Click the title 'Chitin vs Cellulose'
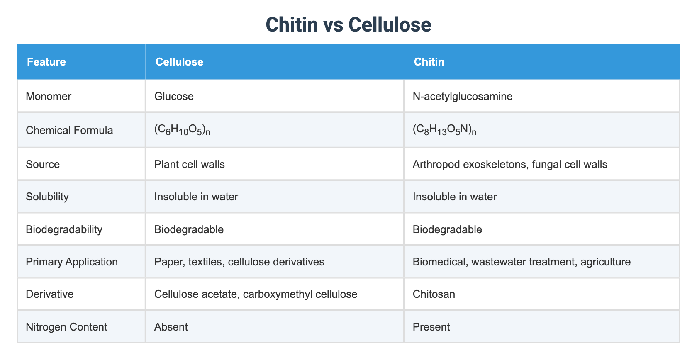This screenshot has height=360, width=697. coord(348,25)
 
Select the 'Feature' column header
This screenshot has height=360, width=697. coord(46,62)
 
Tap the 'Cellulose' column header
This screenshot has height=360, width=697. coord(179,62)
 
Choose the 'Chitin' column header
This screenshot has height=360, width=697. coord(429,62)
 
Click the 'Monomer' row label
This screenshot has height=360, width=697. coord(49,96)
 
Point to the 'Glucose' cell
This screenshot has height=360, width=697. coord(174,96)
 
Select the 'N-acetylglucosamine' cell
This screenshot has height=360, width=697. coord(463,96)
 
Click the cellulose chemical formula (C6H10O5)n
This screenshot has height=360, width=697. coord(182,130)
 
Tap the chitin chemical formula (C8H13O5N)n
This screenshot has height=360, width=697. coord(444,130)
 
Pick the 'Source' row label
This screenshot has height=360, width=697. coord(43,164)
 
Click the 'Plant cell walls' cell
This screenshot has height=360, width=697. coord(189,164)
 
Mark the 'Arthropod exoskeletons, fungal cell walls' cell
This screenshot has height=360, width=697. coord(510,164)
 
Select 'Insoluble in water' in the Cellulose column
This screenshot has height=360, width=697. coord(196,197)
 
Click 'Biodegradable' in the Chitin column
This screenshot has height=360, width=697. coord(447,229)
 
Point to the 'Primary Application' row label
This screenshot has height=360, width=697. coord(72,262)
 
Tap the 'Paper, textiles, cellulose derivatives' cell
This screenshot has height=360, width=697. coord(239,262)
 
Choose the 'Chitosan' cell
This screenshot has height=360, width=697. coord(434,294)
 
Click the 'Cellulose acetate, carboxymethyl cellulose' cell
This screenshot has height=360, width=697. coord(256,294)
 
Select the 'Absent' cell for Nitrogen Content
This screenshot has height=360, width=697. coord(171,327)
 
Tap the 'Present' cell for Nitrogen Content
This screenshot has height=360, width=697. coord(431,327)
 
